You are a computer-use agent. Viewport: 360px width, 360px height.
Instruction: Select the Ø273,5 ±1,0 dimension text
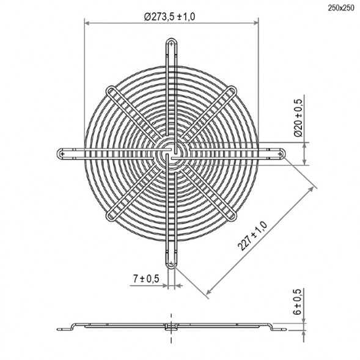pos(170,17)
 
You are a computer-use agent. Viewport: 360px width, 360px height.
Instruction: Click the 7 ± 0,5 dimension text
pos(146,279)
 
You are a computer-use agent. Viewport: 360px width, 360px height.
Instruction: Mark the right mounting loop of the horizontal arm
pos(282,153)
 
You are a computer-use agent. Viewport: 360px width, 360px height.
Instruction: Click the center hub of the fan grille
pos(171,153)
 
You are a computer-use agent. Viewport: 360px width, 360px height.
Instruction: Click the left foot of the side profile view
pos(62,330)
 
